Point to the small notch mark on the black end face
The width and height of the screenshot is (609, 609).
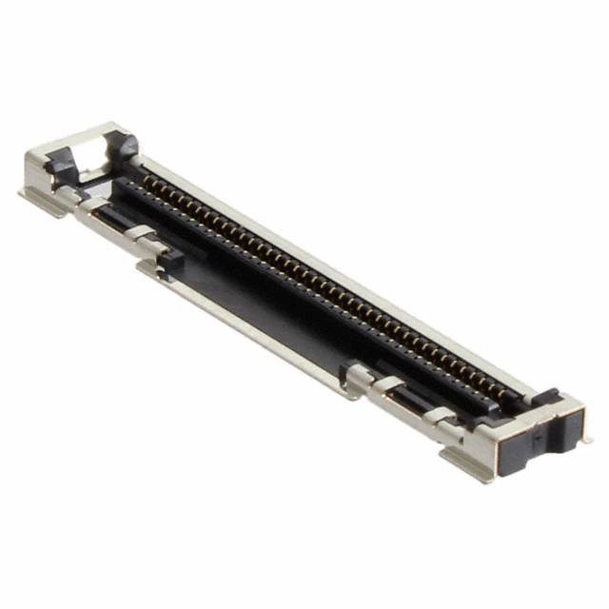tap(538, 439)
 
